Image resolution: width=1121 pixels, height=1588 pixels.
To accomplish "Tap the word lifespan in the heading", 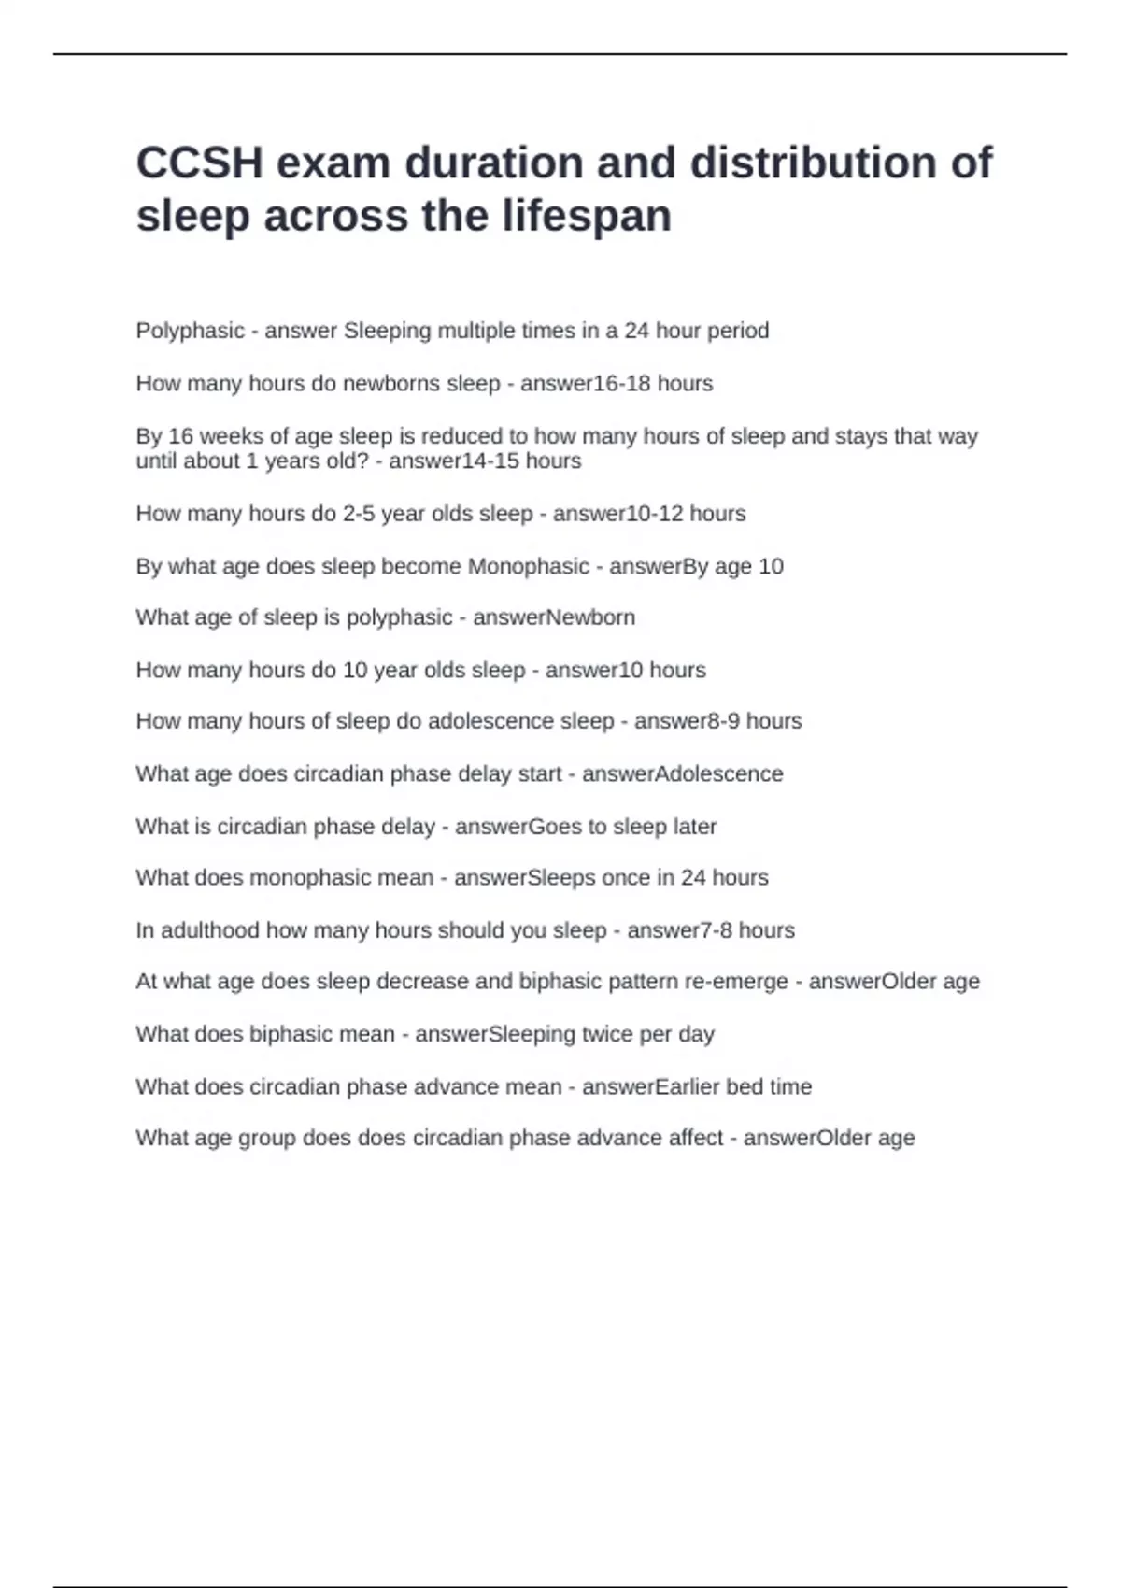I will pos(587,216).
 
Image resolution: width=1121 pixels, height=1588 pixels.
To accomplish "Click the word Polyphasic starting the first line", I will pos(190,331).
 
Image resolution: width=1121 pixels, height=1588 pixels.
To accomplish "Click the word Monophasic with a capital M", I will pos(528,566).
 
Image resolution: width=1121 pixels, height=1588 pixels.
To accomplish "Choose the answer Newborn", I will pos(590,617).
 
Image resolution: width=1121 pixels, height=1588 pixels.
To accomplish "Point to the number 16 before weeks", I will pos(180,436).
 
